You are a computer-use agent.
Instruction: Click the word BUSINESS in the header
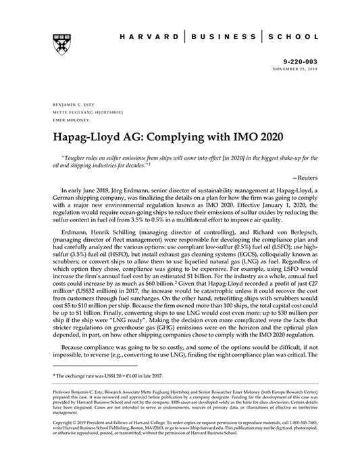click(x=223, y=35)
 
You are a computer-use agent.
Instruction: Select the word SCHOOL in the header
click(x=290, y=35)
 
